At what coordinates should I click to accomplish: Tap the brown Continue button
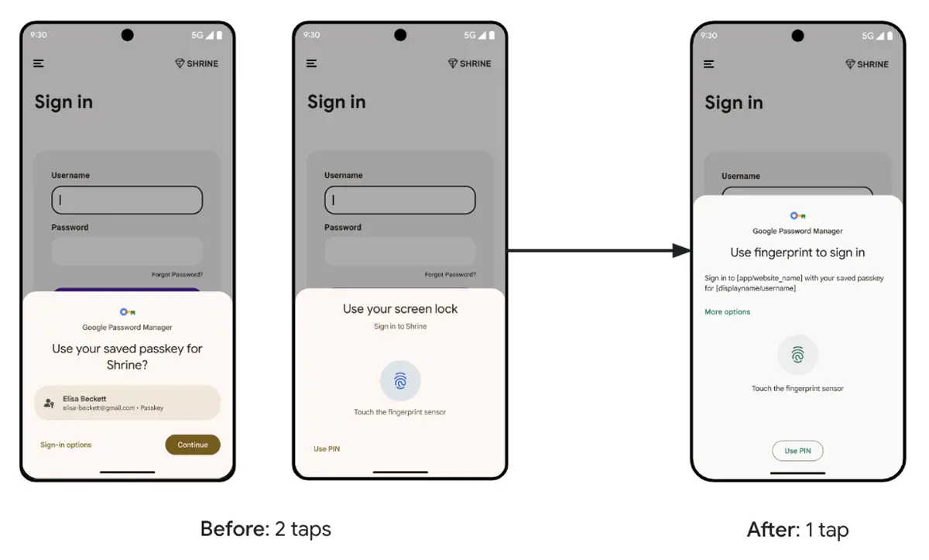click(x=193, y=445)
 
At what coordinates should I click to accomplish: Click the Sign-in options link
click(x=66, y=445)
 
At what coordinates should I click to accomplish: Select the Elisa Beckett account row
click(x=128, y=403)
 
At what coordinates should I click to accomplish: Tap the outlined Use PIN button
click(x=797, y=451)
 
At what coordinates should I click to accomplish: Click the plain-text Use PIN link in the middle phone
click(x=327, y=448)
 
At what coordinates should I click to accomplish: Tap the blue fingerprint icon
click(x=400, y=381)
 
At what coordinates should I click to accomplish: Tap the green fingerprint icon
click(x=797, y=355)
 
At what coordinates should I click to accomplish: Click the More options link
click(x=727, y=312)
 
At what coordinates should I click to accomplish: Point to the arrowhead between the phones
click(x=681, y=250)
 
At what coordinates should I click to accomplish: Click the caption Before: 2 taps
click(x=266, y=529)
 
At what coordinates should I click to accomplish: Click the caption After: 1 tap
click(x=797, y=530)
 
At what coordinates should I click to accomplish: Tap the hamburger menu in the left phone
click(x=39, y=64)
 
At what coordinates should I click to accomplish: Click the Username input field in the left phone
click(x=127, y=200)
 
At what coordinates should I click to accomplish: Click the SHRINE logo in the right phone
click(x=867, y=64)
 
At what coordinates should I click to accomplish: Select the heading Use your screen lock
click(x=400, y=309)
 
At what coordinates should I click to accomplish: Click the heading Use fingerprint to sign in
click(x=797, y=253)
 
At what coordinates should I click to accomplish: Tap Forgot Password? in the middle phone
click(x=450, y=275)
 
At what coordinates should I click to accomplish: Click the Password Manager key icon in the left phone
click(x=128, y=312)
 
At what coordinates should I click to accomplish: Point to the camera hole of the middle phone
click(x=400, y=35)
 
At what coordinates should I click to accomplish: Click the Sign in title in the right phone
click(x=733, y=103)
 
